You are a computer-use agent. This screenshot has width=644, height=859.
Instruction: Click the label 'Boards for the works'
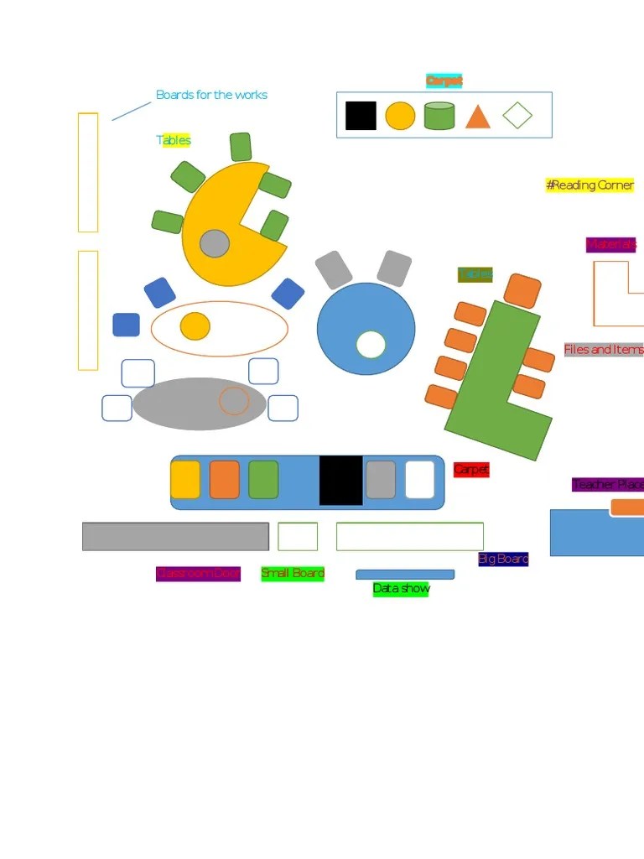pos(211,95)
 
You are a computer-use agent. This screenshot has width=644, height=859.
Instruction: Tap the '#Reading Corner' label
pos(589,185)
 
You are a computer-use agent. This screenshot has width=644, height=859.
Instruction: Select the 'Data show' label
pos(401,589)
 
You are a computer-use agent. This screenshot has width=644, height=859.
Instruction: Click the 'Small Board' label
pos(293,574)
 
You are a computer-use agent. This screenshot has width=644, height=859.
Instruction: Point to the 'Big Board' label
pos(503,559)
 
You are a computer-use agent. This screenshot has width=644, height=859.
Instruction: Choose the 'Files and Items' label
pos(604,350)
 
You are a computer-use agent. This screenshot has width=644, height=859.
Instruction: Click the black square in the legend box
pos(361,116)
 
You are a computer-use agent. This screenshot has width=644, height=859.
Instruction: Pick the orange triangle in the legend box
pos(477,117)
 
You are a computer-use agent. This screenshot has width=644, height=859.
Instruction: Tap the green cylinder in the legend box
pos(439,116)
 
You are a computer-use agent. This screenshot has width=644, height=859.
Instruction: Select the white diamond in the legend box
pos(517,115)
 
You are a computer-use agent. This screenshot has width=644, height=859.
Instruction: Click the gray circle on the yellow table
pos(215,243)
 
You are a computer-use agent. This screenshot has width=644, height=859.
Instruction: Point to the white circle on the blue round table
pos(371,344)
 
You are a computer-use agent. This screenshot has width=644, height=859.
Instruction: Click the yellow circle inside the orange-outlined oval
pos(195,326)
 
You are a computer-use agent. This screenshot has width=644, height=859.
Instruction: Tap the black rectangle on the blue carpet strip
pos(341,481)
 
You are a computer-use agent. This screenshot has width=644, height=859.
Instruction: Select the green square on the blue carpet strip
pos(263,480)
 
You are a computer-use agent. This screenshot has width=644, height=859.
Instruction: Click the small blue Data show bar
pos(405,575)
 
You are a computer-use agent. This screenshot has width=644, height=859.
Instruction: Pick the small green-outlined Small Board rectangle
pos(298,537)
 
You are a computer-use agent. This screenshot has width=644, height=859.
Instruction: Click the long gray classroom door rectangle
pos(175,537)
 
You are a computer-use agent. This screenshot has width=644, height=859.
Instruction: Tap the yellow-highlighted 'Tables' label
pos(174,140)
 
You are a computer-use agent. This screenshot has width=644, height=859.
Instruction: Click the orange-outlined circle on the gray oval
pos(234,401)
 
